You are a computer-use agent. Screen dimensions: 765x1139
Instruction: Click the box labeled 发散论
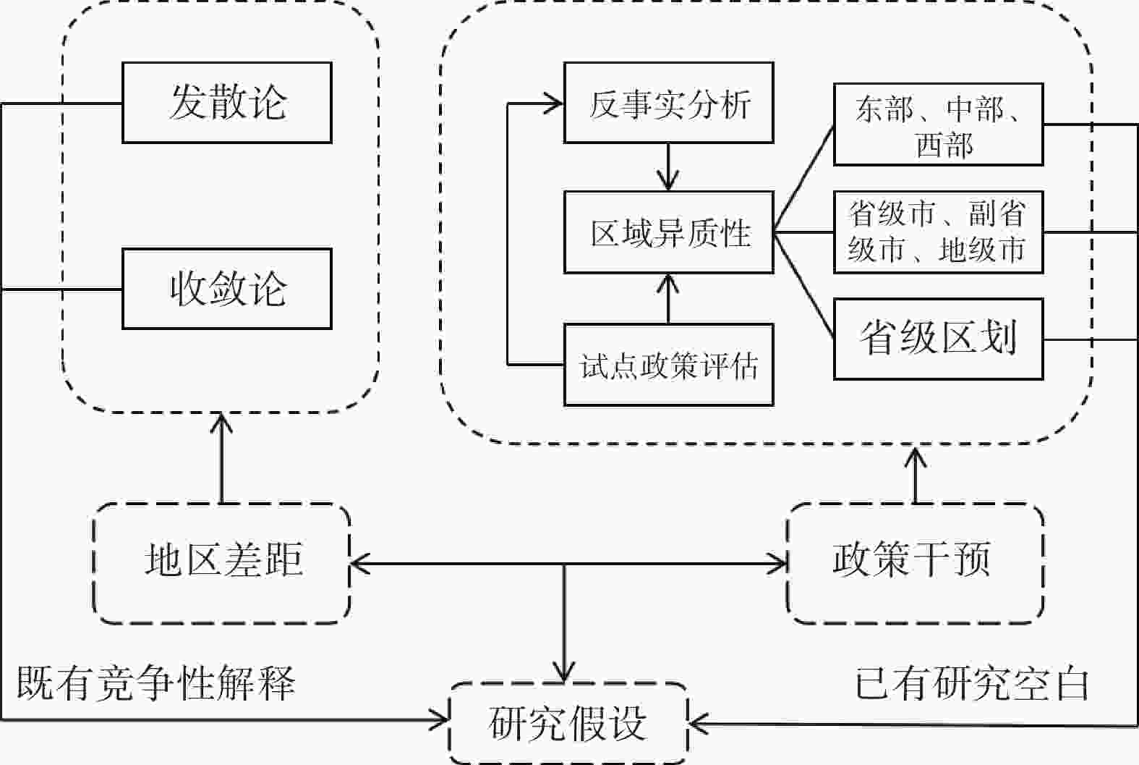[226, 102]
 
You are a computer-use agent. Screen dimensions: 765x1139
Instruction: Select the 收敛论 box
[226, 289]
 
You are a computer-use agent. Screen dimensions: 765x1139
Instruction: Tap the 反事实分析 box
[668, 102]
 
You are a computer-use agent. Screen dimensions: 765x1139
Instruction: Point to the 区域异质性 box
[668, 232]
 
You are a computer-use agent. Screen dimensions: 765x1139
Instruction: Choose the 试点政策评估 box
[668, 364]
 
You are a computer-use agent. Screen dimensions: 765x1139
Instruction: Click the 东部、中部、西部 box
[938, 124]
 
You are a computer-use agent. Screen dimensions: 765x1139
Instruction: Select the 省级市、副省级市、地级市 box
[938, 232]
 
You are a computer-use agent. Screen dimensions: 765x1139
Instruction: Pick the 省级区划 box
[938, 338]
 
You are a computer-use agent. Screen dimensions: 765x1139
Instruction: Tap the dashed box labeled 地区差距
[222, 562]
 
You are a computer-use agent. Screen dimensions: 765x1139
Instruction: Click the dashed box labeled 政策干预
[915, 562]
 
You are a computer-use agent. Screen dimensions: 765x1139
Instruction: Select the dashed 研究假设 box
[568, 722]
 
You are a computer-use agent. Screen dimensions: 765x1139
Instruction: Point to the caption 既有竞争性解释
[156, 682]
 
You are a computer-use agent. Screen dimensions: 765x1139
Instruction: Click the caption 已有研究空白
[971, 682]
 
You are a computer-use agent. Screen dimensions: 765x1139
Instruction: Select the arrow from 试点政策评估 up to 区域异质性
[668, 298]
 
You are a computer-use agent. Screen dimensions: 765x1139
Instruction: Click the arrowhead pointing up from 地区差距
[221, 422]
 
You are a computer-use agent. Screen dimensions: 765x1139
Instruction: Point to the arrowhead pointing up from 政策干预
[916, 457]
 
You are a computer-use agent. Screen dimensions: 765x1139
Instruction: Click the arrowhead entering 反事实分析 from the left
[555, 103]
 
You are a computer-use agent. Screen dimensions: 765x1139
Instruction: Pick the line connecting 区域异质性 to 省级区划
[803, 285]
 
